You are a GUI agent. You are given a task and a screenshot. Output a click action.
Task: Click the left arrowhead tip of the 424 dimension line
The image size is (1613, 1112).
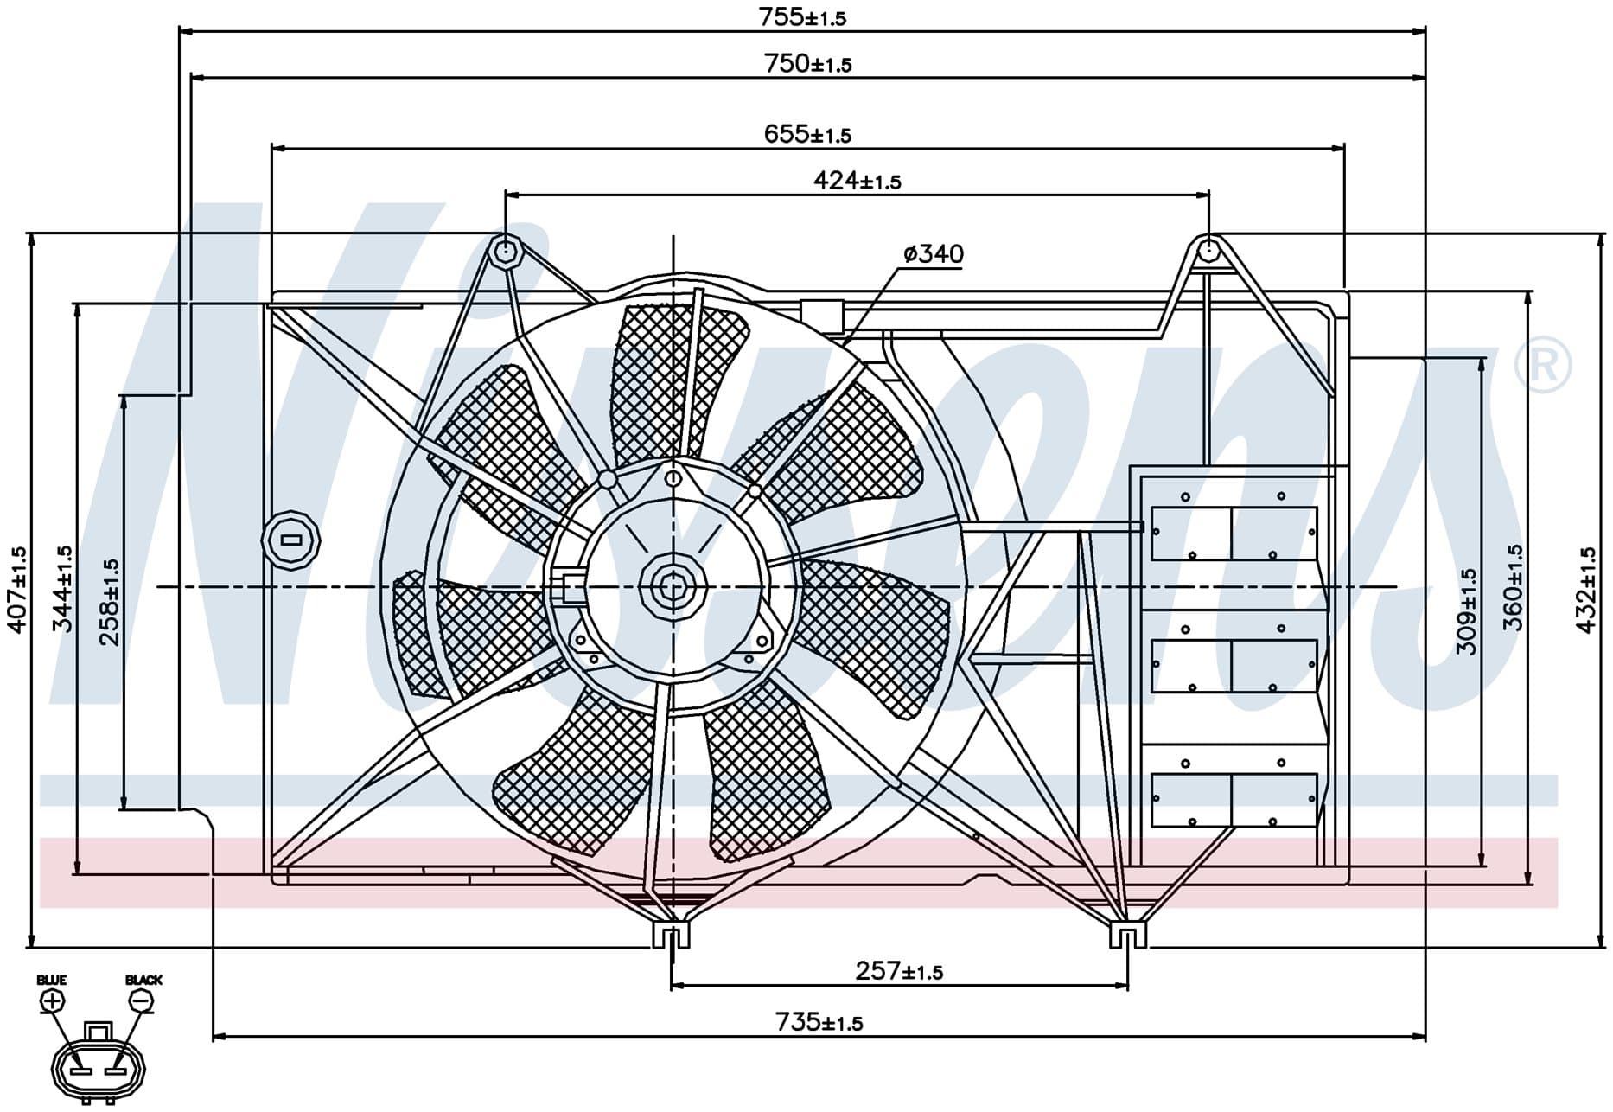click(506, 195)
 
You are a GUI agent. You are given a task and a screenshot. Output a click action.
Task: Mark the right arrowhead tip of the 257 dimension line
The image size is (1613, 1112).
click(1128, 985)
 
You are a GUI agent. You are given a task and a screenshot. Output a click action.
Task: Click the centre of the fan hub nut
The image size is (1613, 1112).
click(672, 587)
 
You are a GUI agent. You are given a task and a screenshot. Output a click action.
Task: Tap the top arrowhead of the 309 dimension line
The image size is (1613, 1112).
click(1483, 357)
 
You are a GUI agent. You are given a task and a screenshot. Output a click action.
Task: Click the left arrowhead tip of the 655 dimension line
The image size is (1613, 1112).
click(271, 148)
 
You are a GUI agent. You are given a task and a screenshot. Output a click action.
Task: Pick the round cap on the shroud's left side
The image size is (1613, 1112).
click(291, 540)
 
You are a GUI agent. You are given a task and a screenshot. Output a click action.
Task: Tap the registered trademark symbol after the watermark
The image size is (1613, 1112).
click(1543, 367)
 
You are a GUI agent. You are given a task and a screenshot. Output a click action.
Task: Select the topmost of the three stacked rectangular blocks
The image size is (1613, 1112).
click(1234, 534)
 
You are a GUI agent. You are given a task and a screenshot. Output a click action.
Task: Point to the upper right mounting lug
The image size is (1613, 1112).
click(1208, 252)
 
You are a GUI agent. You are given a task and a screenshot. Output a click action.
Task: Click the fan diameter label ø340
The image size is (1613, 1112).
click(934, 253)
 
